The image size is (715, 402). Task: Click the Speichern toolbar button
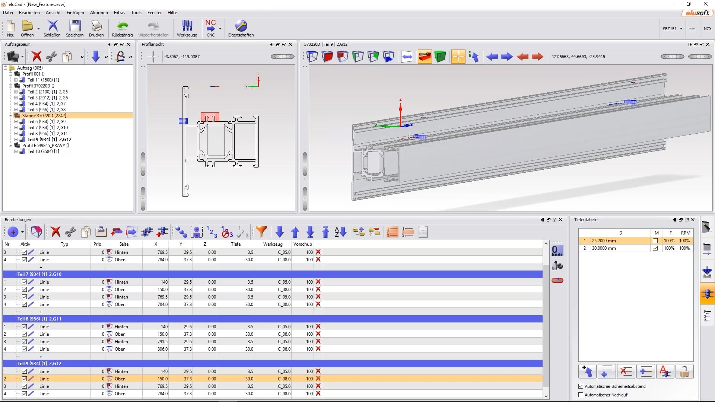74,28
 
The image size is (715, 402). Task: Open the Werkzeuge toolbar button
187,28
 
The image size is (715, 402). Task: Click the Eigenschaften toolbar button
241,28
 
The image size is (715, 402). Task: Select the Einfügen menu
75,13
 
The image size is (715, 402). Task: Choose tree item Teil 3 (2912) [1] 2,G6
47,98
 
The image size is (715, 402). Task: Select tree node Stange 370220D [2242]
44,116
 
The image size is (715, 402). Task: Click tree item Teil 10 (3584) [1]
43,151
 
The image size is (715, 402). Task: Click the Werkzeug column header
273,244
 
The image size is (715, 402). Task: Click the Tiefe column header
235,244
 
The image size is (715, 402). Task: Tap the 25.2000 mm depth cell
604,241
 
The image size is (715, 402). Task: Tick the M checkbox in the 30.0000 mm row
655,248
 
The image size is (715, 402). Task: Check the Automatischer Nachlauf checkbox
581,395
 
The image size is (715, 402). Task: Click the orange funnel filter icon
261,232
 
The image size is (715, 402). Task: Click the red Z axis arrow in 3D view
401,108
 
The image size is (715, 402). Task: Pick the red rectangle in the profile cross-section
210,117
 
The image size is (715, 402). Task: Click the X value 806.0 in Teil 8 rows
162,349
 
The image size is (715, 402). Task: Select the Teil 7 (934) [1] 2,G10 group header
39,274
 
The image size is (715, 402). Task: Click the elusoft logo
698,13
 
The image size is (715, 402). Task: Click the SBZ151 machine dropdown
673,29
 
